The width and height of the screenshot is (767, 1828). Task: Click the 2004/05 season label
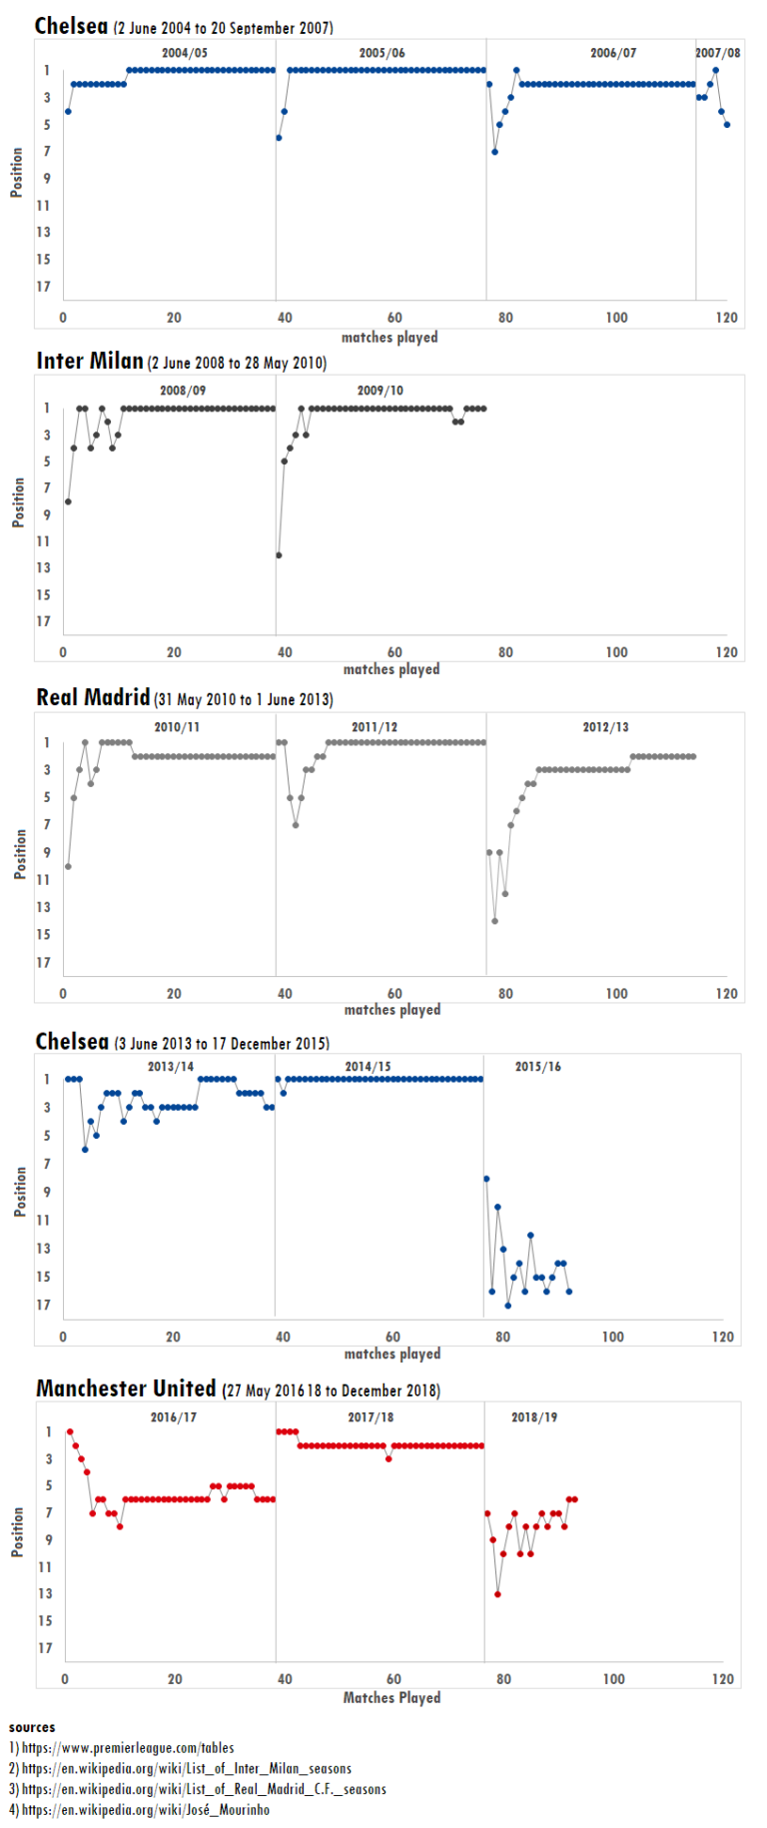[x=185, y=53]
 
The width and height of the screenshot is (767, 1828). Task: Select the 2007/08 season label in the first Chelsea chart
[x=718, y=53]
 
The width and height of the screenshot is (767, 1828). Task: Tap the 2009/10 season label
[x=381, y=391]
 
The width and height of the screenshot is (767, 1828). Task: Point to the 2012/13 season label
[x=606, y=727]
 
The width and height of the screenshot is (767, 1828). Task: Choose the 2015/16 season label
[x=537, y=1067]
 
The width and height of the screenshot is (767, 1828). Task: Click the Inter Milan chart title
[x=90, y=361]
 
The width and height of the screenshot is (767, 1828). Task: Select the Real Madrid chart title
[x=93, y=697]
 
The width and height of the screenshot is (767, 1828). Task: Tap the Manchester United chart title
[x=126, y=1388]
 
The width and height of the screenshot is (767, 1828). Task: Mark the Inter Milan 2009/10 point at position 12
[x=279, y=555]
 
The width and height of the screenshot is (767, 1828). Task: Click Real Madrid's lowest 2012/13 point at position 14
[x=494, y=921]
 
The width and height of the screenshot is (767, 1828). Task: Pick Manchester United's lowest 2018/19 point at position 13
[x=497, y=1594]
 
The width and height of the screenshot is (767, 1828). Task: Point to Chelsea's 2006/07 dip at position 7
[x=494, y=152]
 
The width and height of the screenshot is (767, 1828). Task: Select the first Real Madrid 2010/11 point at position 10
[x=68, y=866]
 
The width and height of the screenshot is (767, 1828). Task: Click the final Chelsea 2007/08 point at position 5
[x=727, y=125]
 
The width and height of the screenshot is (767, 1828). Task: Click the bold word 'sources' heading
[x=32, y=1727]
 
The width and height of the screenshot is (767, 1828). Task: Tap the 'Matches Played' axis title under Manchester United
[x=391, y=1697]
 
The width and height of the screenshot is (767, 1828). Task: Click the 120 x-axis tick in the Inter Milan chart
[x=726, y=652]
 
